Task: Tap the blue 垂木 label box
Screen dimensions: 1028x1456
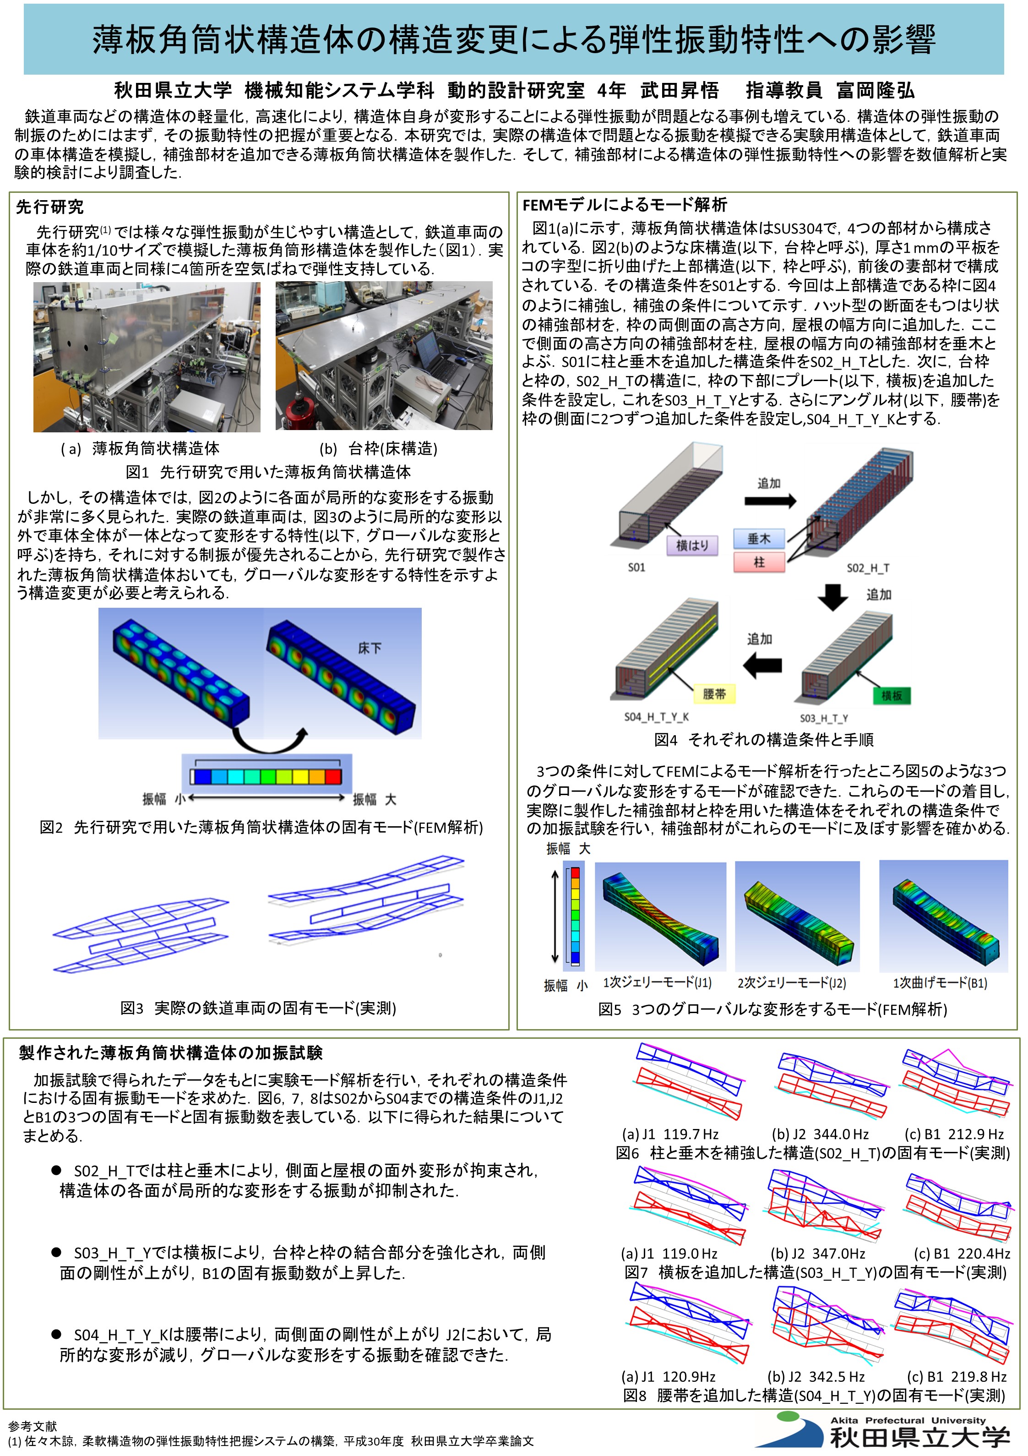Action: (x=759, y=539)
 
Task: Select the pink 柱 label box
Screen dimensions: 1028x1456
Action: (x=759, y=562)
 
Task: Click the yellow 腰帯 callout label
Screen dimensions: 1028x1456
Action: (x=714, y=694)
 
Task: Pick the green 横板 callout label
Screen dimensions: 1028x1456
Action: (x=892, y=696)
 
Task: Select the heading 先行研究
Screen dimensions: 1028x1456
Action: (x=49, y=207)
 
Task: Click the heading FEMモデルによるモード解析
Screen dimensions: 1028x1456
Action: (x=625, y=205)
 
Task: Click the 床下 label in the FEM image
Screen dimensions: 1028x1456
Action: (x=370, y=648)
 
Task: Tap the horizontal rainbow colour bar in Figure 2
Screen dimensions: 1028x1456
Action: (x=267, y=776)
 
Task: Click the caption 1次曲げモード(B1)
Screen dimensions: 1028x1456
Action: (x=940, y=983)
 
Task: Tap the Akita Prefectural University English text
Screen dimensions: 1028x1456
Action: (x=908, y=1420)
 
